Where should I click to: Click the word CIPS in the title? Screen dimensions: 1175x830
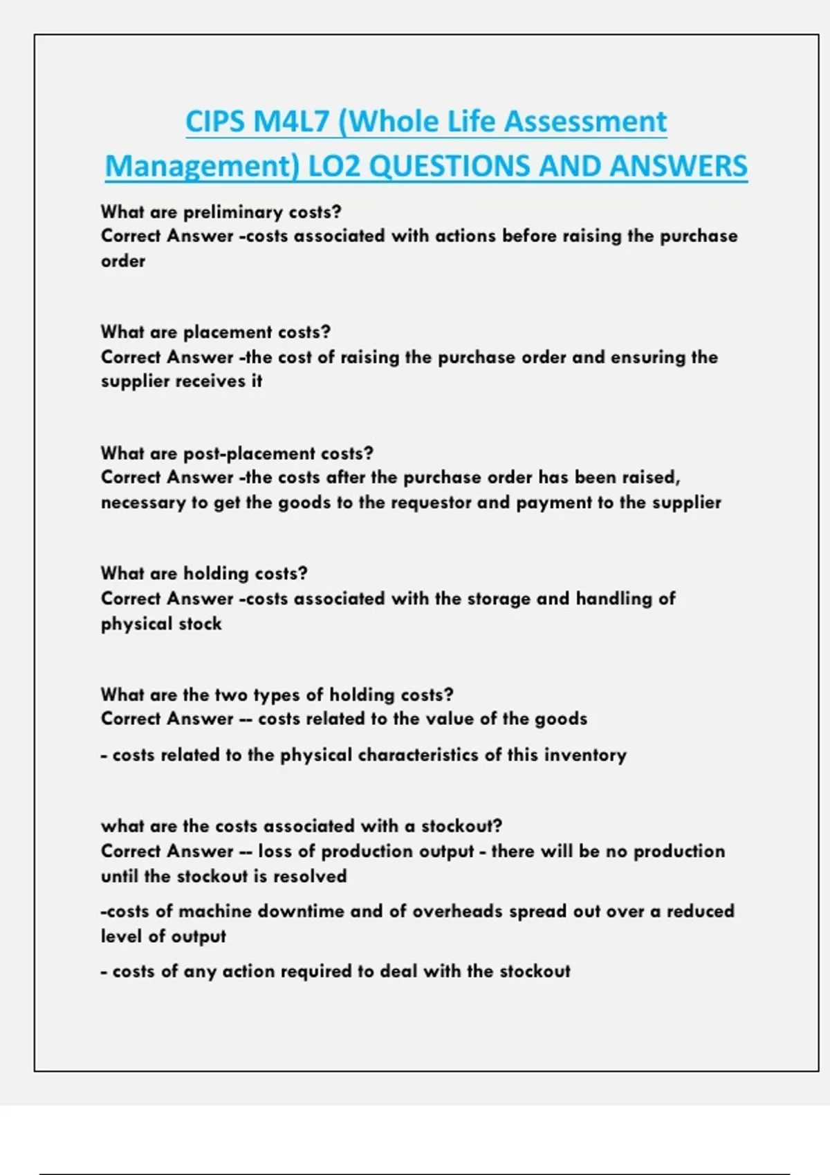(x=215, y=122)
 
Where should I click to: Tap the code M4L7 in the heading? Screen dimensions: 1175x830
(x=291, y=122)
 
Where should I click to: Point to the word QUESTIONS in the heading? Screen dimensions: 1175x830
(x=450, y=167)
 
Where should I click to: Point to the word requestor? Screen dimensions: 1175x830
(x=432, y=502)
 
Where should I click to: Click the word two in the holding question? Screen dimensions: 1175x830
(x=231, y=695)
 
